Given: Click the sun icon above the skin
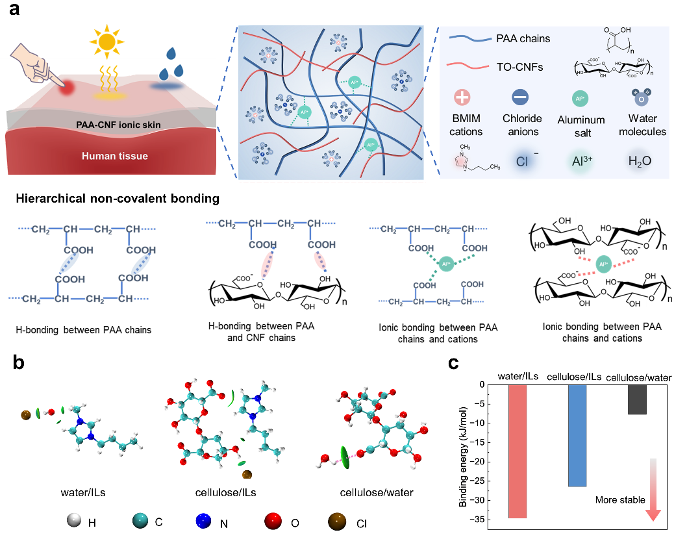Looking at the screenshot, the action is (x=106, y=42).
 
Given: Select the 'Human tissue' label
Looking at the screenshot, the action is (x=115, y=156).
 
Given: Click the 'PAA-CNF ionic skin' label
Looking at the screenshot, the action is (x=118, y=125).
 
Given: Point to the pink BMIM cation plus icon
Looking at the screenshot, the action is (x=462, y=97).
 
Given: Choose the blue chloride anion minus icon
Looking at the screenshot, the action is (x=520, y=97).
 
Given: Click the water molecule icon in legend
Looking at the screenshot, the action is (x=641, y=97).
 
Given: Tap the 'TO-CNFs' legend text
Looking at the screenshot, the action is (x=519, y=67).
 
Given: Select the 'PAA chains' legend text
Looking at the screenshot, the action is (x=523, y=38).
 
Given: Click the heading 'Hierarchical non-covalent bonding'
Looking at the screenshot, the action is (x=118, y=199).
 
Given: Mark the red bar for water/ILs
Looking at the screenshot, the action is (x=518, y=451).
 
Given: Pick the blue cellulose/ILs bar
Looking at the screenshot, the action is (x=577, y=435).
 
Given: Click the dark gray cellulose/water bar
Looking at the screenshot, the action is (x=637, y=399).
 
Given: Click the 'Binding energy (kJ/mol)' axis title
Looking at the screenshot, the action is (x=463, y=457).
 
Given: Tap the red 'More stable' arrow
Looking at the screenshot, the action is (x=653, y=490).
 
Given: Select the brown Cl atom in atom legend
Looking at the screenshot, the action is (x=337, y=522).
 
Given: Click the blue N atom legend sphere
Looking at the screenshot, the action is (x=204, y=521).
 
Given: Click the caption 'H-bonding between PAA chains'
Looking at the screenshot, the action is (x=83, y=330).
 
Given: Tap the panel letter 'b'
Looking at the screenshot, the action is (x=18, y=362).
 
